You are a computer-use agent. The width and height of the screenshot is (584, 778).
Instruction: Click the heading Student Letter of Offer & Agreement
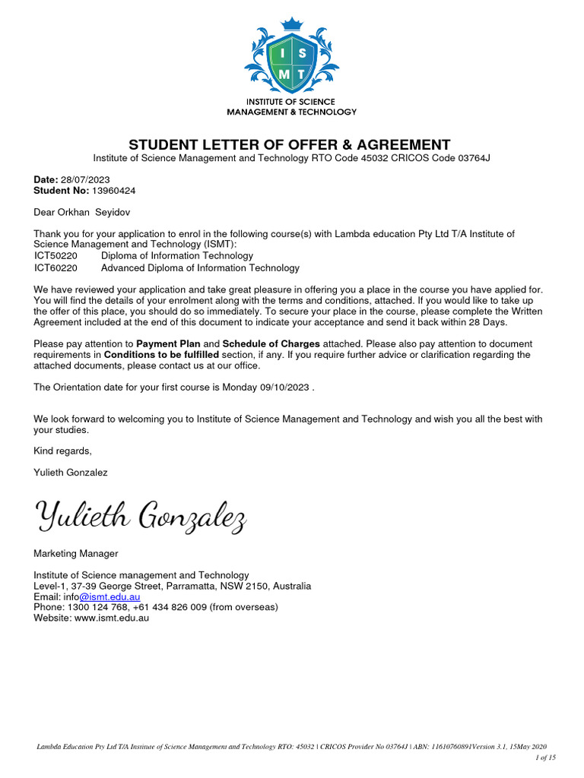[289, 144]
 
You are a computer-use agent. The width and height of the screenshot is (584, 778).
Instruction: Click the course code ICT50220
[56, 256]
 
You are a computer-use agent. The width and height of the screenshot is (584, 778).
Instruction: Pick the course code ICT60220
[56, 267]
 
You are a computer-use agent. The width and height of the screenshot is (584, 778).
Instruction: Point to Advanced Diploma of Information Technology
[200, 267]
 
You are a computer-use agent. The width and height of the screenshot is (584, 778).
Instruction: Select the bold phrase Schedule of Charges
[271, 344]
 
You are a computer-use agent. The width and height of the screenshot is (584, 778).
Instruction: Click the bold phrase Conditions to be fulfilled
[161, 355]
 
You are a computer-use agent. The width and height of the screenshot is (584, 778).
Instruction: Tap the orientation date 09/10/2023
[285, 387]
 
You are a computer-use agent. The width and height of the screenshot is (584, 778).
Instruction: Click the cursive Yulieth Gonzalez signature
[141, 517]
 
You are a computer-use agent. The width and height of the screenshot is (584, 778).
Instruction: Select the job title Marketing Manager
[76, 553]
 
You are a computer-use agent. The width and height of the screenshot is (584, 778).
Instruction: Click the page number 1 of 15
[545, 757]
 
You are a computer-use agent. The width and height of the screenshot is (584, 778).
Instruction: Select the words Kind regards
[62, 451]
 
